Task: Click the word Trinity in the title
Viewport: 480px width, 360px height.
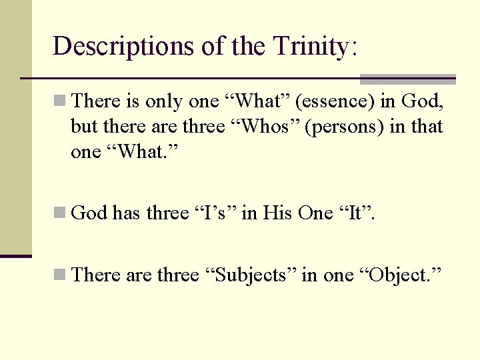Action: click(309, 46)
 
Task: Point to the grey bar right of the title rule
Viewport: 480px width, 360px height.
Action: click(407, 79)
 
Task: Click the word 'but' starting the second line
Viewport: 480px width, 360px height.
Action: click(83, 127)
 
